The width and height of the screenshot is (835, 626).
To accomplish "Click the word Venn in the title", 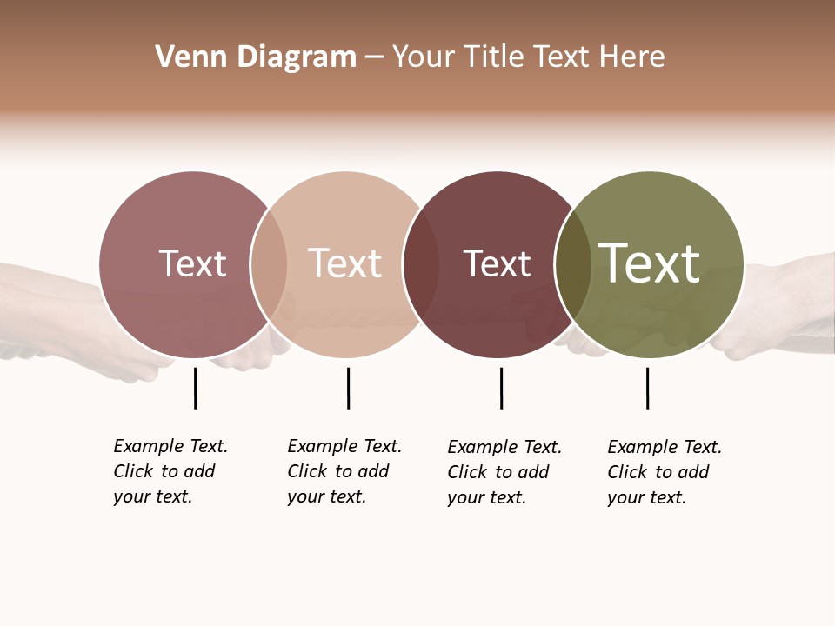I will tap(184, 57).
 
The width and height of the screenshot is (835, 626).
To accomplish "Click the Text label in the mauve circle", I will tap(192, 263).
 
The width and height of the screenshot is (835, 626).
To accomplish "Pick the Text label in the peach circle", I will tap(344, 263).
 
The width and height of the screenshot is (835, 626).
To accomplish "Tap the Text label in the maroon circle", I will tap(497, 263).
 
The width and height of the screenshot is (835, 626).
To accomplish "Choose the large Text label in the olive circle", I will tap(650, 263).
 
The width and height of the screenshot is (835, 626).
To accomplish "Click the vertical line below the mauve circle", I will tap(195, 388).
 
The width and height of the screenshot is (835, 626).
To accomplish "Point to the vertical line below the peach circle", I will tap(348, 388).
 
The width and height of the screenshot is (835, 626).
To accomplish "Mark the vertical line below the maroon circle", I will tap(501, 388).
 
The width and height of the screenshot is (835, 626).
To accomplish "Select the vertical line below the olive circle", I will tap(647, 388).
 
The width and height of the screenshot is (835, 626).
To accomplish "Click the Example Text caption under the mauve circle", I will tap(170, 471).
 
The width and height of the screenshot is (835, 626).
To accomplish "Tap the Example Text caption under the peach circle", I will tap(344, 471).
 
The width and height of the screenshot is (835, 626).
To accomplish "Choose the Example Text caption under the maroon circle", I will tap(504, 472).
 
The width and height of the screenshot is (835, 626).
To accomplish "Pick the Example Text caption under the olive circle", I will tap(665, 472).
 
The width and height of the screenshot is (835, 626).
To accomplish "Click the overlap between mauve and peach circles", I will tap(269, 264).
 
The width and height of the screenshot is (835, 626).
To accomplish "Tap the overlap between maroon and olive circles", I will tap(571, 264).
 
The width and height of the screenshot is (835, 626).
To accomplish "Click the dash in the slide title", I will tap(374, 57).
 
